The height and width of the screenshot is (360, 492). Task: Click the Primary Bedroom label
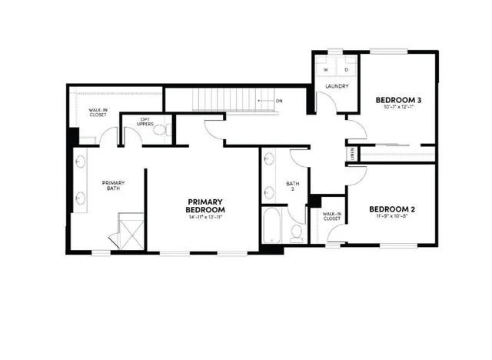tap(206, 205)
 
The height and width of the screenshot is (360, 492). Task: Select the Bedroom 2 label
tap(392, 208)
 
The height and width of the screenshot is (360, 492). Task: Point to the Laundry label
tap(337, 86)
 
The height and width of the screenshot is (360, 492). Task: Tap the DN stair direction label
tap(279, 101)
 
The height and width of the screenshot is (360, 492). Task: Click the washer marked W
tap(326, 70)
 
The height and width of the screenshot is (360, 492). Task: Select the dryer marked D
tap(347, 70)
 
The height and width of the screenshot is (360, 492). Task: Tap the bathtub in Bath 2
tap(271, 228)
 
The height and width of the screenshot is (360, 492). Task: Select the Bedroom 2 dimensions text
tap(392, 217)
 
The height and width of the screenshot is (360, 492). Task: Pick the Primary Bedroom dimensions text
tap(206, 218)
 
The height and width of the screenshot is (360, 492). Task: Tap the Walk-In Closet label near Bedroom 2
tap(332, 216)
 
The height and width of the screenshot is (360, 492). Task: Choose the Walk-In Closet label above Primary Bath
tap(98, 113)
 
